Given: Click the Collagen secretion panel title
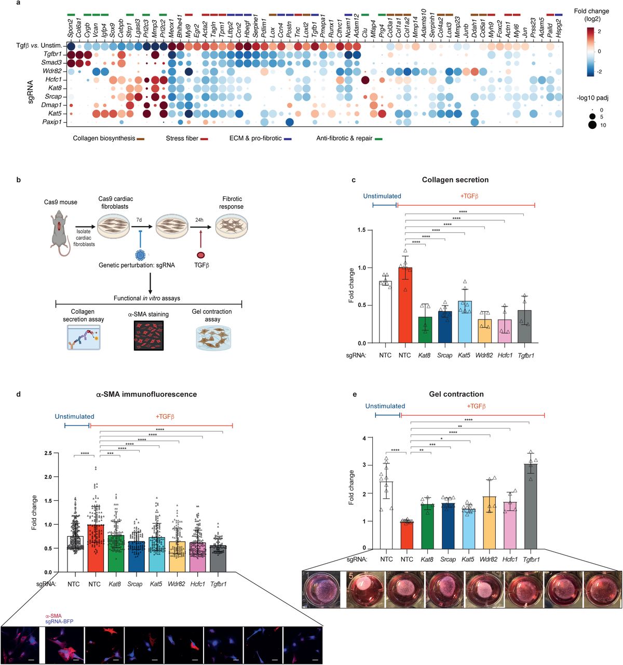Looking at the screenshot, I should click(x=455, y=180).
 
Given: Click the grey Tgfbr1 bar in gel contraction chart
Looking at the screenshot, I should click(x=531, y=507).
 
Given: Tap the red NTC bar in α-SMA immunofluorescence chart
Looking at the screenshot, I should click(x=94, y=548).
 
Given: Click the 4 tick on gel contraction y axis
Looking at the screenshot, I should click(x=364, y=438).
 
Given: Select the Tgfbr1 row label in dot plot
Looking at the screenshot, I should click(x=52, y=54).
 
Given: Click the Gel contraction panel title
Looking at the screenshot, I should click(x=456, y=394).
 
